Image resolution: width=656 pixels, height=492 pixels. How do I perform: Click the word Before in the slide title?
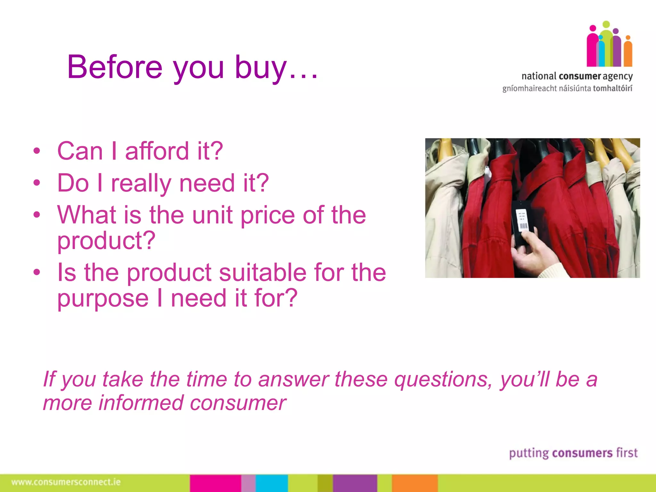(115, 67)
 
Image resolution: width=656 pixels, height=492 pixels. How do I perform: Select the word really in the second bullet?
(141, 183)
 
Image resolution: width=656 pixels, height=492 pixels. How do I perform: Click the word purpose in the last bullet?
(103, 298)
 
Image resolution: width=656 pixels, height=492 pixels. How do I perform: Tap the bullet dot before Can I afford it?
(37, 151)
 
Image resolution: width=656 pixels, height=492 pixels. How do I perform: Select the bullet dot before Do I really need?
(37, 183)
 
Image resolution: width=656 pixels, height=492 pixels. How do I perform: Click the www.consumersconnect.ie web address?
(66, 482)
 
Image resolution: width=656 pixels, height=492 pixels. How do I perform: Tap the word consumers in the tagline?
(582, 453)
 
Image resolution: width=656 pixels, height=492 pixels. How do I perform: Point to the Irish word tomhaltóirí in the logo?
(612, 88)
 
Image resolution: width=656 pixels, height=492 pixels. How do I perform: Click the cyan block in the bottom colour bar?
(272, 483)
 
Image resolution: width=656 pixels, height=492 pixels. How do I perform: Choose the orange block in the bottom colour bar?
(414, 483)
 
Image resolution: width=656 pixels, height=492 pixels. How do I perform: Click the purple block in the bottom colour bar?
(355, 483)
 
